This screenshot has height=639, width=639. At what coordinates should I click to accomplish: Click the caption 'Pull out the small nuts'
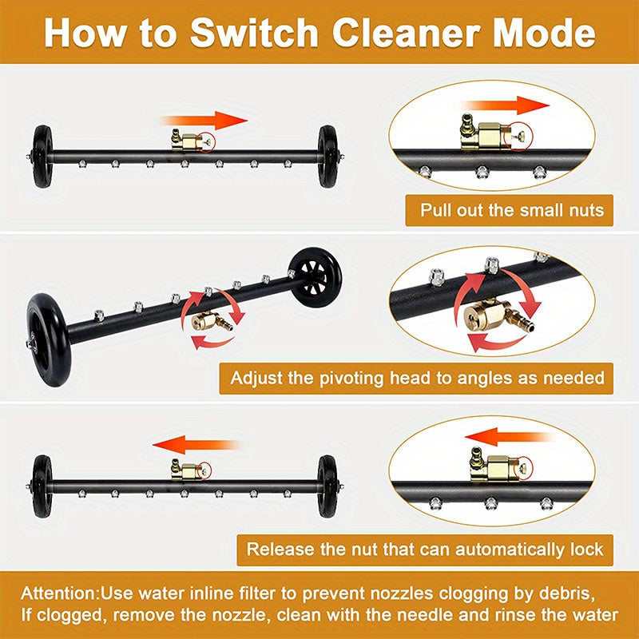[x=512, y=212]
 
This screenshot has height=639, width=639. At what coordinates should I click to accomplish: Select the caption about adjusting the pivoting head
[x=417, y=377]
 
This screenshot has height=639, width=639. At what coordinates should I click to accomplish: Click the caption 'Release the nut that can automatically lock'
[x=424, y=550]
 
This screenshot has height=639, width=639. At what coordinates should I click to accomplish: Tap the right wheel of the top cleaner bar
[x=327, y=156]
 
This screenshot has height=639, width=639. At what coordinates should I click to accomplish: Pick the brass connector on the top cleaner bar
[x=189, y=141]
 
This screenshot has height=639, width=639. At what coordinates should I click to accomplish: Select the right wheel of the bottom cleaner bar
[x=327, y=486]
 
